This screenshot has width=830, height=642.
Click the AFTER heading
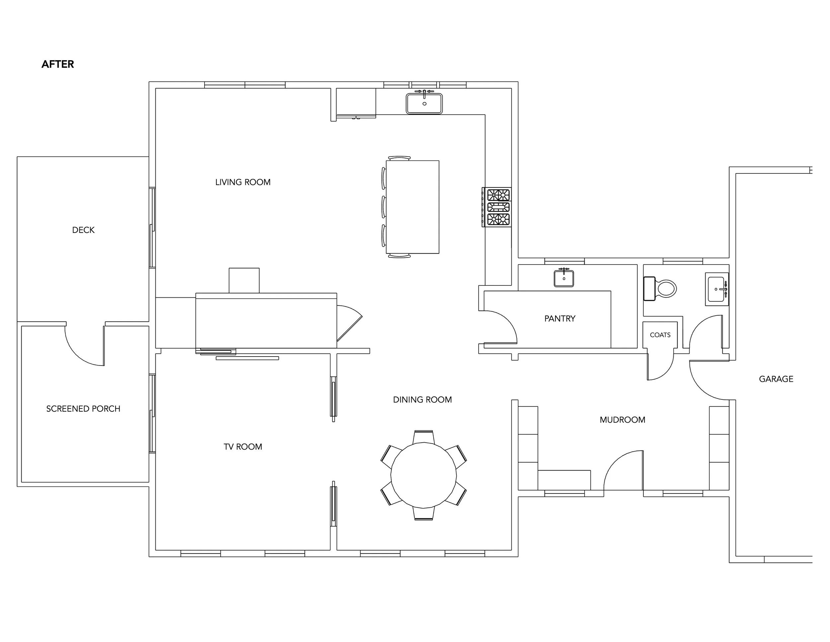click(58, 64)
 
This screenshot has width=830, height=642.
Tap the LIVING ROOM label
click(243, 182)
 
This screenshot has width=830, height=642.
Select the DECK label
click(83, 230)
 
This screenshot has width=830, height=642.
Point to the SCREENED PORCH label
click(83, 409)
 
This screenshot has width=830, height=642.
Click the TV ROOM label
click(243, 447)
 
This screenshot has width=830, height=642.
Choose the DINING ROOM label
click(422, 400)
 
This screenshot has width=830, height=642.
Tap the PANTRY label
click(560, 319)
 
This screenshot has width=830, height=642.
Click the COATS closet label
click(660, 335)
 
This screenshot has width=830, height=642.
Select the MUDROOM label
click(622, 420)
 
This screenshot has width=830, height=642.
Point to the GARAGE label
click(776, 379)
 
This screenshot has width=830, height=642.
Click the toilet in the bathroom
click(660, 289)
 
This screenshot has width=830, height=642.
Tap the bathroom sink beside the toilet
click(717, 289)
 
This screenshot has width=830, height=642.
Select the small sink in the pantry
click(564, 278)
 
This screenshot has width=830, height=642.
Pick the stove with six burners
click(497, 207)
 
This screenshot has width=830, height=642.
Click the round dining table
click(424, 475)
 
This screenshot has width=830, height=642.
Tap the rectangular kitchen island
click(413, 207)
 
